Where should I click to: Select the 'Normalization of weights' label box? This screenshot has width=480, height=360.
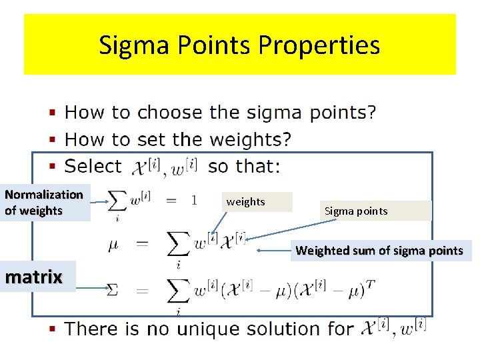pyautogui.click(x=45, y=203)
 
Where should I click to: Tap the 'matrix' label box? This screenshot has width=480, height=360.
pyautogui.click(x=33, y=277)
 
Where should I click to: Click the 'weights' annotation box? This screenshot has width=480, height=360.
pyautogui.click(x=257, y=202)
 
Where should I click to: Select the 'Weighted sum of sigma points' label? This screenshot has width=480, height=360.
pyautogui.click(x=379, y=251)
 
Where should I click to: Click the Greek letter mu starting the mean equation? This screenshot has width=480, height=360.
pyautogui.click(x=114, y=244)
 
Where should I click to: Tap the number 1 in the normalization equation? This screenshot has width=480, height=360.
pyautogui.click(x=193, y=200)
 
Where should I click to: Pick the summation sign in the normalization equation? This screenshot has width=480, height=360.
pyautogui.click(x=118, y=200)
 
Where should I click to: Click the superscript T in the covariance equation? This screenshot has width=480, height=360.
pyautogui.click(x=370, y=284)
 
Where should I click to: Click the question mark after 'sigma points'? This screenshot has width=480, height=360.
pyautogui.click(x=371, y=112)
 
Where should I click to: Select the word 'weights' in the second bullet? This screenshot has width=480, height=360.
pyautogui.click(x=249, y=139)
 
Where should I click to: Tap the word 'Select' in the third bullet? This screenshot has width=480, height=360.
pyautogui.click(x=93, y=166)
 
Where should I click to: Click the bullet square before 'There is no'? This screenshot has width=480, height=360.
pyautogui.click(x=54, y=328)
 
